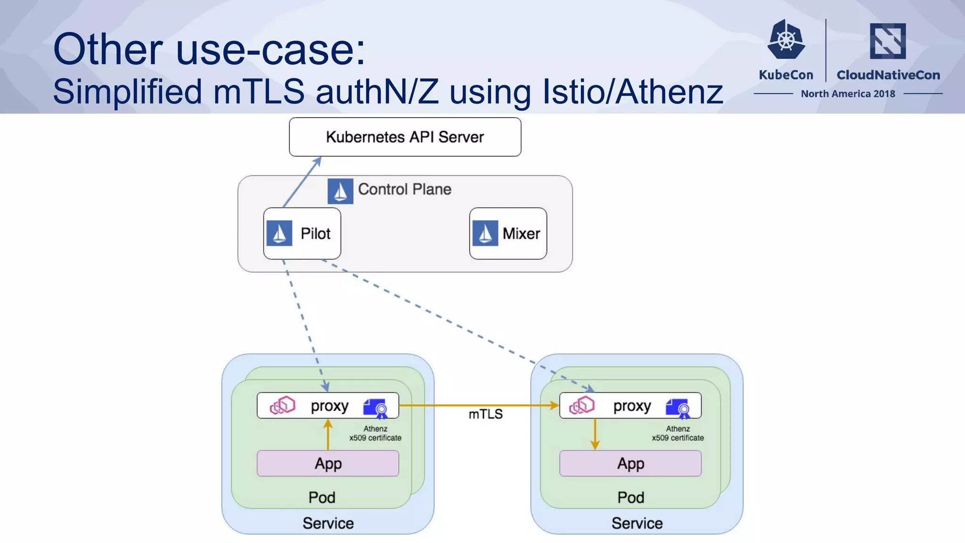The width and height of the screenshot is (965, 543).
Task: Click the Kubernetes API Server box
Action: coord(405,137)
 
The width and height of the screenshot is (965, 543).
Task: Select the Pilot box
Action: coord(302,233)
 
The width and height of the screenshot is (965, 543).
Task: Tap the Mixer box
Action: coord(508,233)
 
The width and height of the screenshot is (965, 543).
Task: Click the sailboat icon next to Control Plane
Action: coord(340,191)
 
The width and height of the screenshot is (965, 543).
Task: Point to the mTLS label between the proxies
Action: coord(485,414)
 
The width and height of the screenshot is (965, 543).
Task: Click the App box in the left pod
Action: coord(328,463)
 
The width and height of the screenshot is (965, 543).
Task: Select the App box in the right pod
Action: coord(630,463)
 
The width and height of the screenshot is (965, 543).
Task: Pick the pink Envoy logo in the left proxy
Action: coord(282,405)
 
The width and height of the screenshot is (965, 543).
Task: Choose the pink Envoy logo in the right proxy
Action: coord(582,405)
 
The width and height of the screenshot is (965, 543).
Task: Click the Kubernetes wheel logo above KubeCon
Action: coord(786,40)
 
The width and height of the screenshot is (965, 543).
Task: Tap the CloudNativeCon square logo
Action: coord(888,41)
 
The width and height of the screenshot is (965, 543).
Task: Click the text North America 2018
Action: coord(848,94)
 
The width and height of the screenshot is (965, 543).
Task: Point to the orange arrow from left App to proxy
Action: coord(328,435)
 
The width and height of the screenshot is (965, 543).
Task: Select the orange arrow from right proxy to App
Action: coord(595,434)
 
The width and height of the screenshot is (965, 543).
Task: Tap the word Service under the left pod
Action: coord(328,523)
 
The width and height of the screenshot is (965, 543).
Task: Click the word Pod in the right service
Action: coord(630,497)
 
